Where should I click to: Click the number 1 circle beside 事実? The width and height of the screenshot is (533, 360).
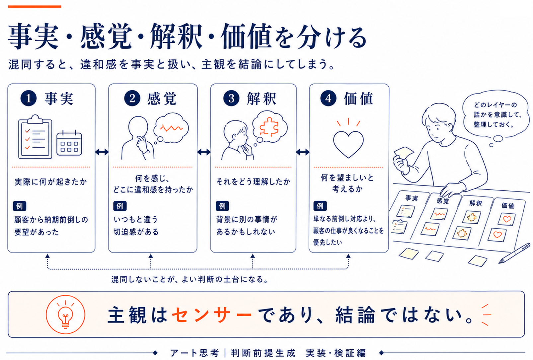tap(28, 98)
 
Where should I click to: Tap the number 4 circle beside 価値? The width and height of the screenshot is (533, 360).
tap(328, 98)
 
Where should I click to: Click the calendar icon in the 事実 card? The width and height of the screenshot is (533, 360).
tap(69, 143)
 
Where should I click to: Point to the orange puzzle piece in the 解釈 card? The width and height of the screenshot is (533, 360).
tap(269, 127)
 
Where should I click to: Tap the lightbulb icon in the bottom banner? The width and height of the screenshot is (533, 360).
tap(65, 315)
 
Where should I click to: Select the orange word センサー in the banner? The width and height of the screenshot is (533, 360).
tap(212, 315)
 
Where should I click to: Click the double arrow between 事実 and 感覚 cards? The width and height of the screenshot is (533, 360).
tap(102, 152)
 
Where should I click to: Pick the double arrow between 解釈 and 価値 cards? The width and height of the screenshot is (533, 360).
tap(303, 152)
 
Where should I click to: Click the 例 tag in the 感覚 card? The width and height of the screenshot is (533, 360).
tap(120, 206)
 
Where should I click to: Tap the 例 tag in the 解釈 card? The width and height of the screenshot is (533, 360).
tap(222, 206)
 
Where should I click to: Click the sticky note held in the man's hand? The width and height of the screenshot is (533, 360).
tap(404, 153)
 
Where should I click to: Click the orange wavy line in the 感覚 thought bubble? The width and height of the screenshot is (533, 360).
tap(171, 128)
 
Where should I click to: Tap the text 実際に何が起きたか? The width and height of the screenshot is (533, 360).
tap(51, 182)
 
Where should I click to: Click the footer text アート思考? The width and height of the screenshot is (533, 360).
tap(194, 353)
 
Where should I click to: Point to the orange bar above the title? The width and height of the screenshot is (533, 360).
tap(35, 7)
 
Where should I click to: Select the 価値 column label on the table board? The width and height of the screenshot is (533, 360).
tap(508, 205)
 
